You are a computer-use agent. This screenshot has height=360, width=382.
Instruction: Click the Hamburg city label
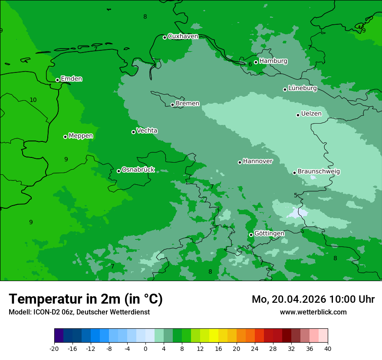[x=273, y=61]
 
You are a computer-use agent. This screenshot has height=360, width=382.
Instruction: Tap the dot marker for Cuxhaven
[x=165, y=37]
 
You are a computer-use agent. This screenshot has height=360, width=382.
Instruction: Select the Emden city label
[x=71, y=79]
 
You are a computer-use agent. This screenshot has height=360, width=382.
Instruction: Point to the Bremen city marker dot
[x=172, y=105]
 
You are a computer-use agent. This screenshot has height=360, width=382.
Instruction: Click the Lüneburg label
[x=302, y=88]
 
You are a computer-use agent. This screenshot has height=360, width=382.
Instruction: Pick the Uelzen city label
[x=311, y=114]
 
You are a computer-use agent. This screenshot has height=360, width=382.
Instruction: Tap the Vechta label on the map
[x=147, y=131]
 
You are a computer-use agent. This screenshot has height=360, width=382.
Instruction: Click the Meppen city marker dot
[x=65, y=137]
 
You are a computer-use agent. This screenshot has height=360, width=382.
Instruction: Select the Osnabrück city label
[x=138, y=170]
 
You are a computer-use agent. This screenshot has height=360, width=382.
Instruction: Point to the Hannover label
[x=257, y=161]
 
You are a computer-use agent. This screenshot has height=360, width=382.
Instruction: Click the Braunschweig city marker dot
[x=294, y=173]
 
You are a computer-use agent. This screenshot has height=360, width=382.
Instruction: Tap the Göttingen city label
[x=269, y=233]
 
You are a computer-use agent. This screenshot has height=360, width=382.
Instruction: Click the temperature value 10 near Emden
[x=33, y=100]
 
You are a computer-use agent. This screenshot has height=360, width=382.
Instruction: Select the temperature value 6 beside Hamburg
[x=250, y=65]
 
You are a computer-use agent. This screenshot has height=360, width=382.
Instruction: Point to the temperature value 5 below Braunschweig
[x=296, y=195]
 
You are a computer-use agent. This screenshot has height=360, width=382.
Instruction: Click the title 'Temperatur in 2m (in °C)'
[x=86, y=299]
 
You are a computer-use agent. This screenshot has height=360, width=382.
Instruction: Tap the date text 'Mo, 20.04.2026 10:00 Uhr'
[x=313, y=299]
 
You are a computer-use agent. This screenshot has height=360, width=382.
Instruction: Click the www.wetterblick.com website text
[x=313, y=312]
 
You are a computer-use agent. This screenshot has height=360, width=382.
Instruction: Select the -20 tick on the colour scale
[x=54, y=348]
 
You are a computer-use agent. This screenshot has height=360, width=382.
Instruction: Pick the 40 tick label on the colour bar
[x=327, y=348]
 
